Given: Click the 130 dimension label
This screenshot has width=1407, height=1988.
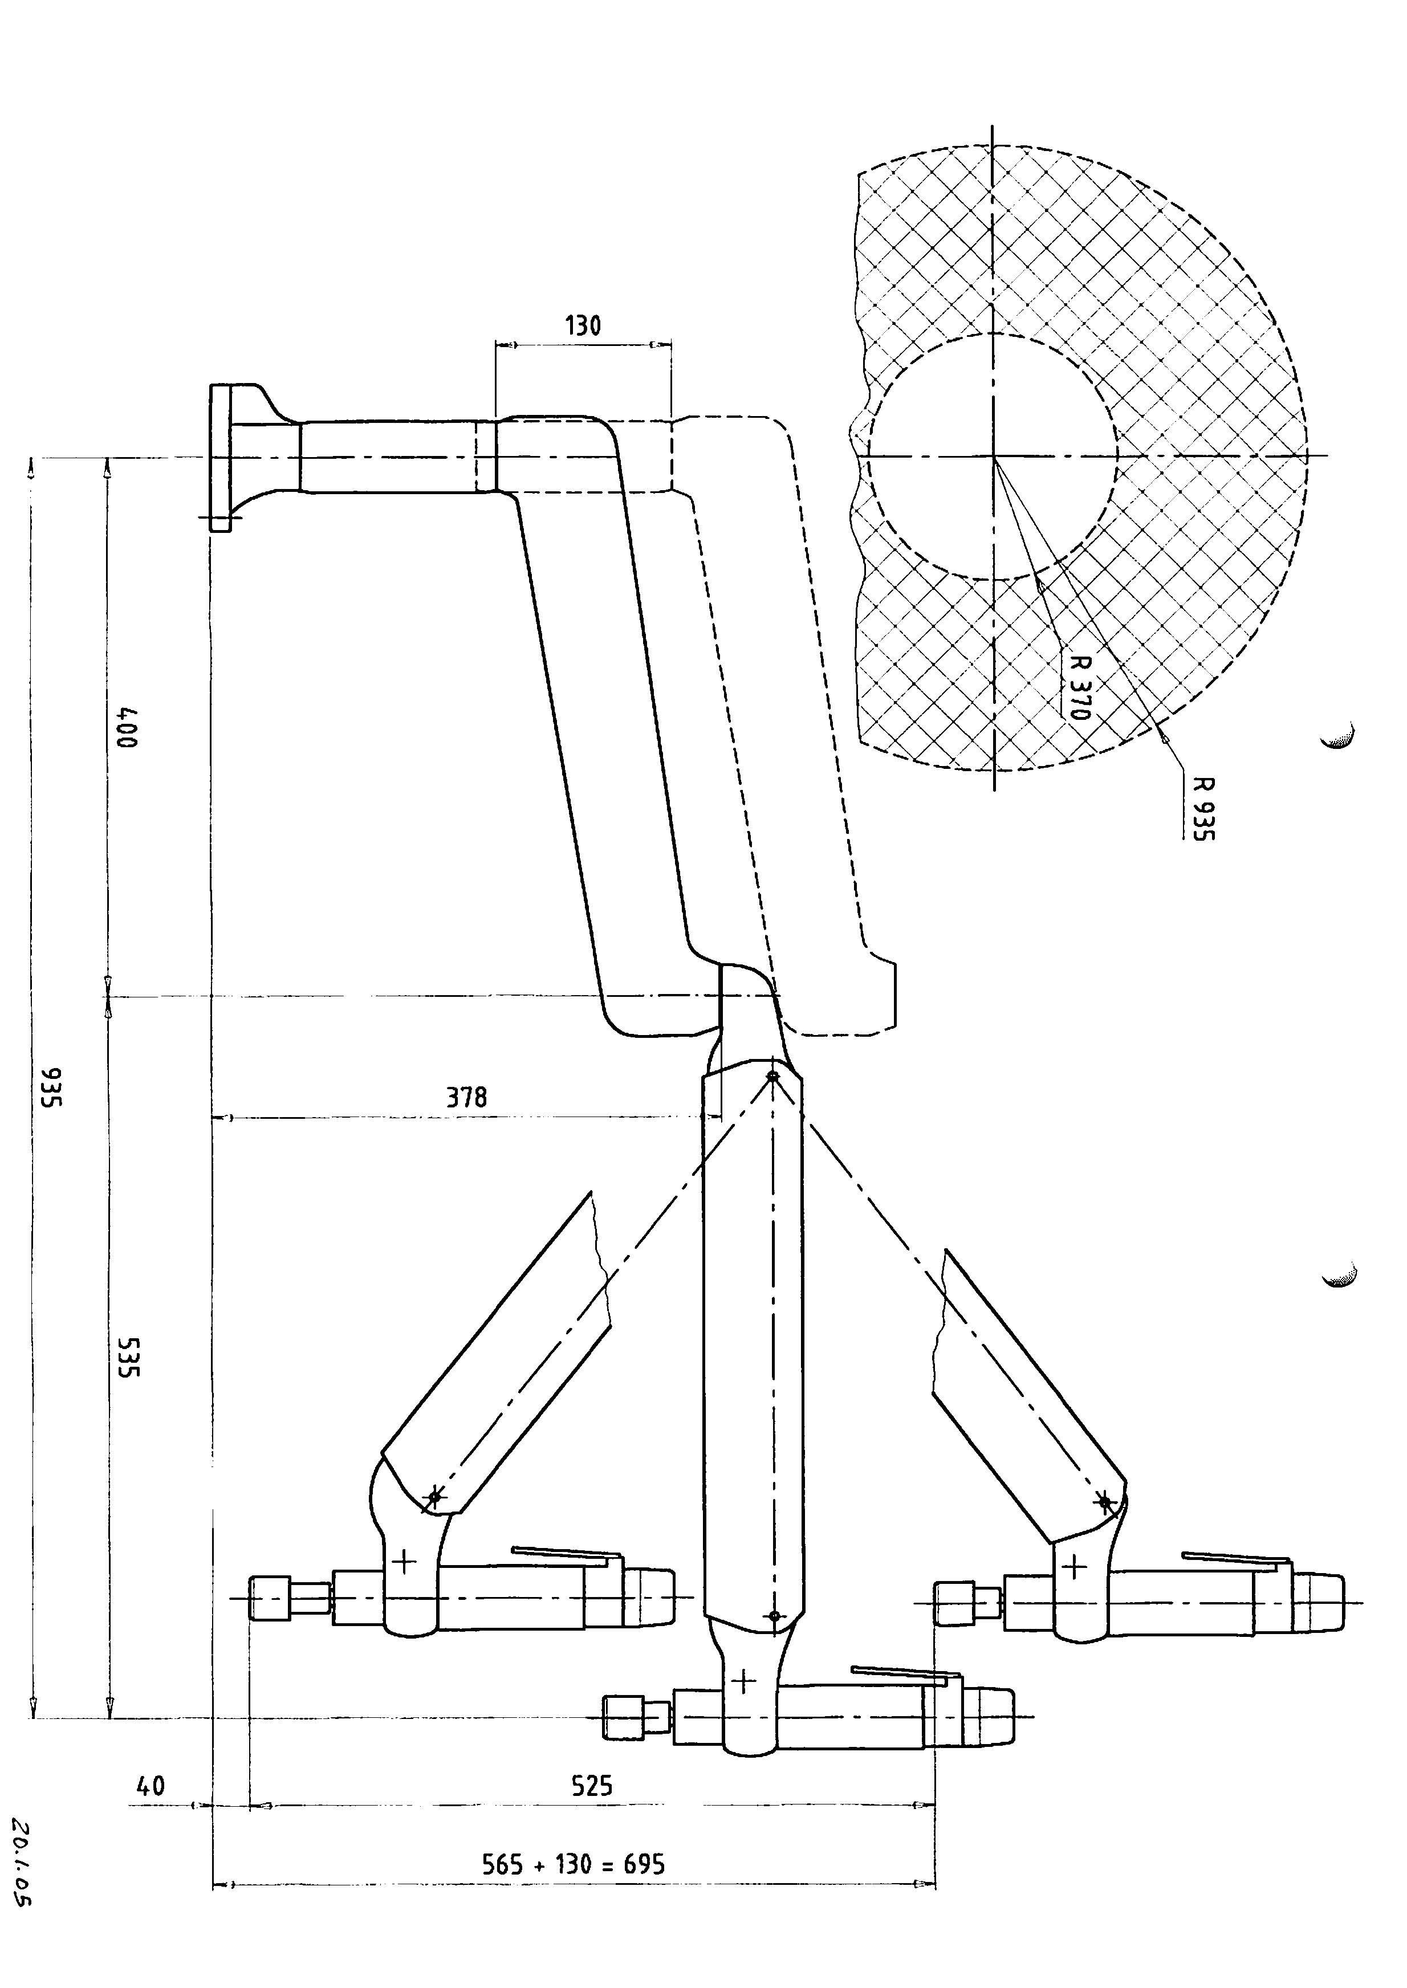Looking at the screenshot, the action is click(x=583, y=325).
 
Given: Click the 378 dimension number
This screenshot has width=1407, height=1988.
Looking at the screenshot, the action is click(x=467, y=1098).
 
